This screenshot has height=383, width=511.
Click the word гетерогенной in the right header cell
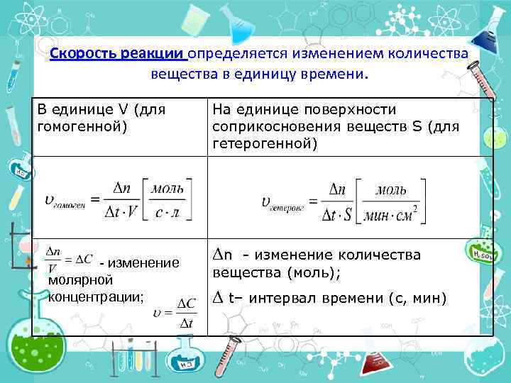point(265,144)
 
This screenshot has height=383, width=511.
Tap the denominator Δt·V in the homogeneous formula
point(120,215)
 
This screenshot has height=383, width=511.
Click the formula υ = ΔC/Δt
point(177,313)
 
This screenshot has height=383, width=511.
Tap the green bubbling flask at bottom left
point(39,348)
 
